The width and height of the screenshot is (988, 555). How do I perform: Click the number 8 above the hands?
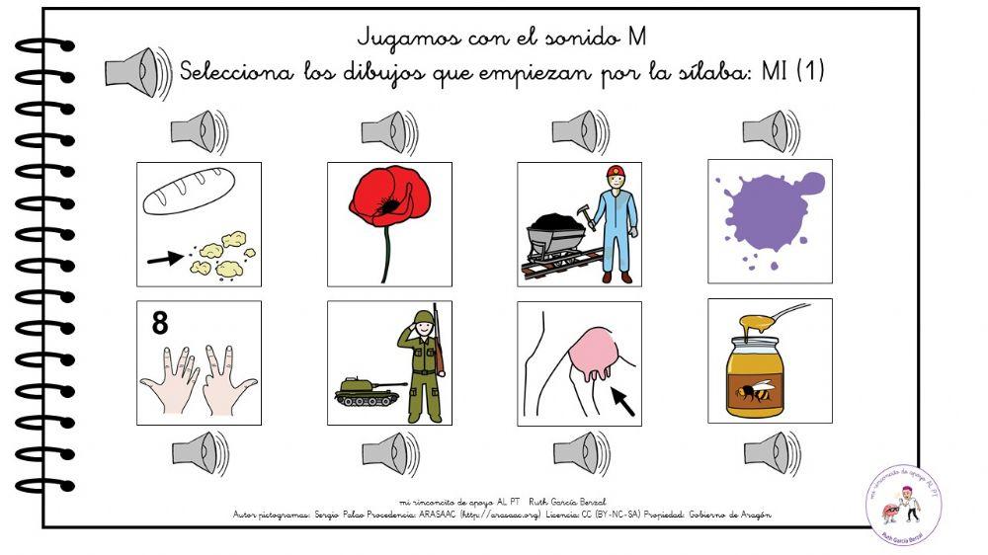(159, 323)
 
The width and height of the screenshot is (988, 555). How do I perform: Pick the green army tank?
(368, 392)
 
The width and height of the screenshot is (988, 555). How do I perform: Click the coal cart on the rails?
(558, 237)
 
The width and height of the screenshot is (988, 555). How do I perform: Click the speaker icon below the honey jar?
(772, 453)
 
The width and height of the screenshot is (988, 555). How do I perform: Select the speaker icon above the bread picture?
(199, 132)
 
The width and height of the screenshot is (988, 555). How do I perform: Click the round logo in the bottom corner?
(903, 506)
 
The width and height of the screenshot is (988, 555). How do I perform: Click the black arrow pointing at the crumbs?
(164, 259)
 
